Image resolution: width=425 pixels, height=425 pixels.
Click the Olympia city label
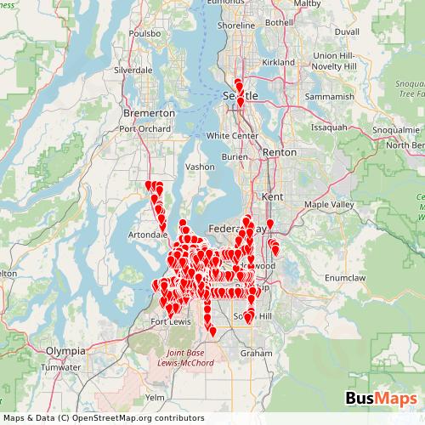pos(65,349)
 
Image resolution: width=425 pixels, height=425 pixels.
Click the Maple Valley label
pos(328,205)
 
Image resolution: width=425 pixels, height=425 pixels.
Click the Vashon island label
pos(201,167)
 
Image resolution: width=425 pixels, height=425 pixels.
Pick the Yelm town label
pos(156,397)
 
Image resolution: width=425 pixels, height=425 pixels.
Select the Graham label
pos(256,352)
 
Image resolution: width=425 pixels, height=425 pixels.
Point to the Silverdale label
pos(133,69)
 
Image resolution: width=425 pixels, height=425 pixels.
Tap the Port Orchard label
pos(139,129)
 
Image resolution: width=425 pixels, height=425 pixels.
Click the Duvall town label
pos(348,31)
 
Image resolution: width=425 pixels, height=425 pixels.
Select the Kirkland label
pos(278,63)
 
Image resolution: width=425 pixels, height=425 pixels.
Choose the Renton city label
pos(280,152)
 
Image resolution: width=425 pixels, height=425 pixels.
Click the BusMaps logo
pos(380,398)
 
